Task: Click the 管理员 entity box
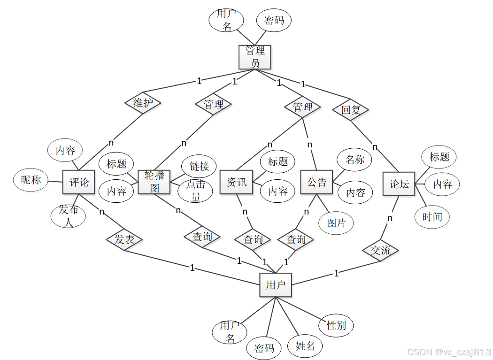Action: click(255, 57)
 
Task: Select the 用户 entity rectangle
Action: click(276, 285)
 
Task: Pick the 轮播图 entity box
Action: click(154, 182)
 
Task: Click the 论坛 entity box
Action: click(399, 184)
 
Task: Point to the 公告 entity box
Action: click(316, 182)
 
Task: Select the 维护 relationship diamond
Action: click(143, 103)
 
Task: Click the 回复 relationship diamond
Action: click(350, 110)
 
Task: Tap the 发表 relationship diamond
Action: click(124, 240)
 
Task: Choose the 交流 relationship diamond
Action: click(381, 250)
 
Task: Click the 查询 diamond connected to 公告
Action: click(296, 240)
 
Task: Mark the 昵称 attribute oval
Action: click(31, 180)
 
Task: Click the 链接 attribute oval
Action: click(199, 166)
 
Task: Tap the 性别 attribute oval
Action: click(336, 325)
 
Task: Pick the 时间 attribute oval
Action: click(432, 217)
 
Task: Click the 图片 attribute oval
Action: click(337, 223)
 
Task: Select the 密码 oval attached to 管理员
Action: click(274, 20)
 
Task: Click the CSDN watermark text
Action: click(448, 352)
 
